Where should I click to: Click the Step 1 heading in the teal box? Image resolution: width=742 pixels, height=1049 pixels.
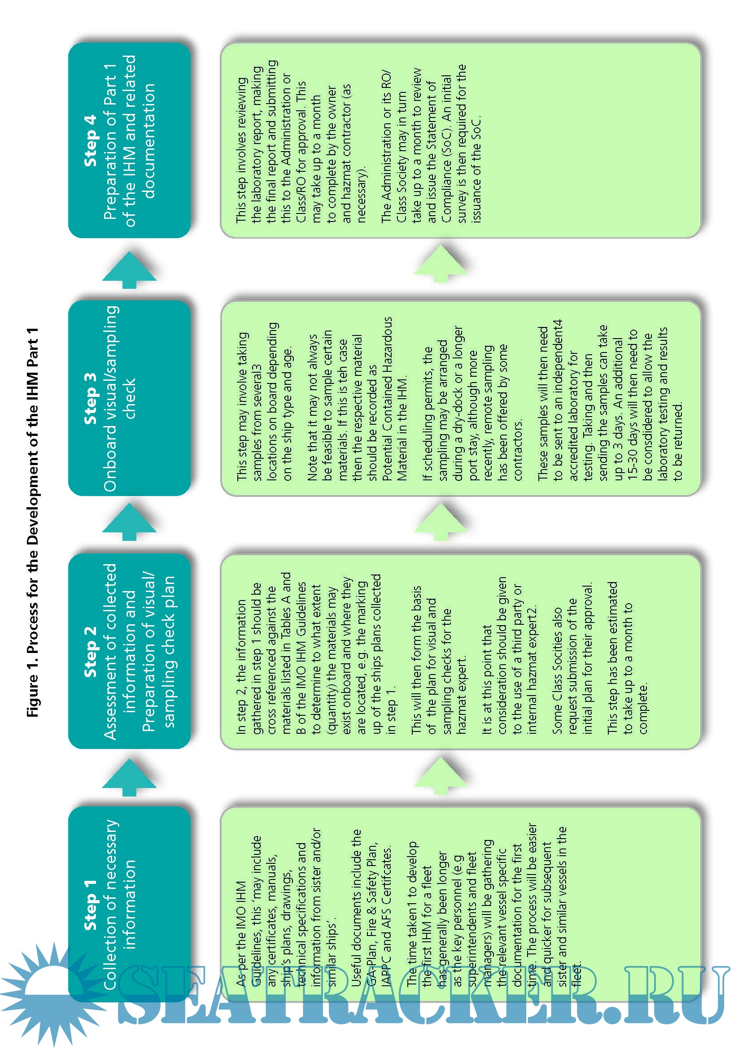click(x=90, y=905)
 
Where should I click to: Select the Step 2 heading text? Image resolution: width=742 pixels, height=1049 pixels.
click(x=90, y=652)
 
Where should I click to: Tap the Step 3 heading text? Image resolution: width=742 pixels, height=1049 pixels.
click(x=90, y=398)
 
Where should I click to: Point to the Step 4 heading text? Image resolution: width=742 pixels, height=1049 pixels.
click(x=90, y=140)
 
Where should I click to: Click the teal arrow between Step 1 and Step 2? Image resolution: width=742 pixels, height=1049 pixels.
click(x=129, y=777)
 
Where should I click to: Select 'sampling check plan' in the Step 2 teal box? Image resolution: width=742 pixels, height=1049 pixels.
click(x=169, y=652)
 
